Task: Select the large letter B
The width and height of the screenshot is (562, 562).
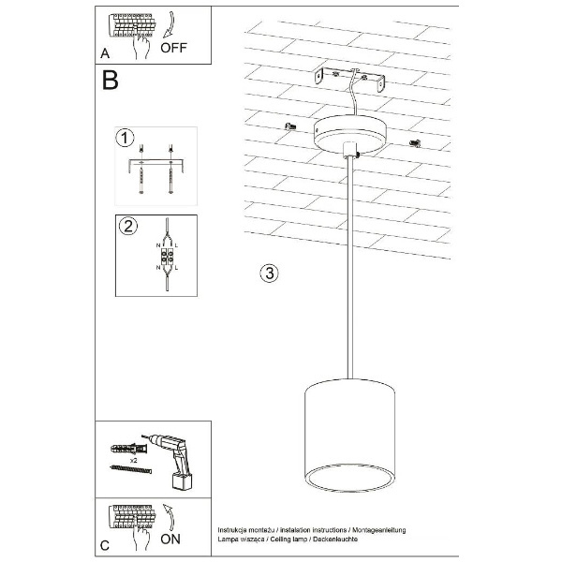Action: [x=110, y=81]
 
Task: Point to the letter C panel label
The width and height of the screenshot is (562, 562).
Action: [x=105, y=543]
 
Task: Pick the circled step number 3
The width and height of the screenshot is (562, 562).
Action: [x=268, y=274]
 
